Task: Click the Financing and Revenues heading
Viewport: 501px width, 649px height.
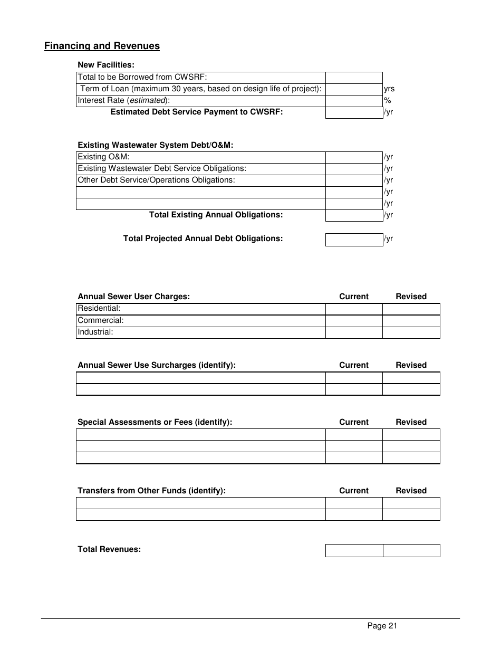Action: click(x=102, y=46)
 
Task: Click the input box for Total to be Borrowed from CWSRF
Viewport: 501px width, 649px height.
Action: click(x=353, y=78)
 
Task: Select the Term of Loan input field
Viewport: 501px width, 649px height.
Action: click(x=353, y=89)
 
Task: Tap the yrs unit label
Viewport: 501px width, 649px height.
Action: click(x=389, y=89)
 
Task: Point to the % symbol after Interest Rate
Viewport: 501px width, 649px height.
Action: click(x=387, y=100)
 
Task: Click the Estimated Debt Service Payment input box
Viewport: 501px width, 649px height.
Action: click(x=353, y=112)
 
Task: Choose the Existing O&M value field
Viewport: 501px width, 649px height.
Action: click(x=353, y=157)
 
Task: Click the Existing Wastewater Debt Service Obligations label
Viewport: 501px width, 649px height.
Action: click(x=162, y=168)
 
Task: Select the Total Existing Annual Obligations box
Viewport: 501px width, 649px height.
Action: click(x=353, y=215)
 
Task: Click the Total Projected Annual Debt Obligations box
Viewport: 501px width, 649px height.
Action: click(x=353, y=240)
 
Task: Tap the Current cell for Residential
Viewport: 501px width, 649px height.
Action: click(x=353, y=309)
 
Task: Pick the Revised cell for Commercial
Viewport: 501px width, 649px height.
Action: click(x=411, y=321)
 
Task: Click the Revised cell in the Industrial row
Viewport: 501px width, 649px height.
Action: click(x=411, y=332)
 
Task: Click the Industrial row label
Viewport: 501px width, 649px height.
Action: click(x=95, y=332)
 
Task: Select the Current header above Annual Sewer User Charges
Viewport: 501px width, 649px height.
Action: click(x=354, y=297)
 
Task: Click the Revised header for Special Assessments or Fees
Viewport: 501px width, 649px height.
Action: click(x=411, y=422)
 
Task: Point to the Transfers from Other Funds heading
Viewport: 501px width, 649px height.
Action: click(x=151, y=491)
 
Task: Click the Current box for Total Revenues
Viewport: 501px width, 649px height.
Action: click(x=353, y=550)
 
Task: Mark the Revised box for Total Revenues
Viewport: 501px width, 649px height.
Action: click(x=411, y=550)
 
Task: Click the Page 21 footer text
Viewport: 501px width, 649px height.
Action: click(x=382, y=626)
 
